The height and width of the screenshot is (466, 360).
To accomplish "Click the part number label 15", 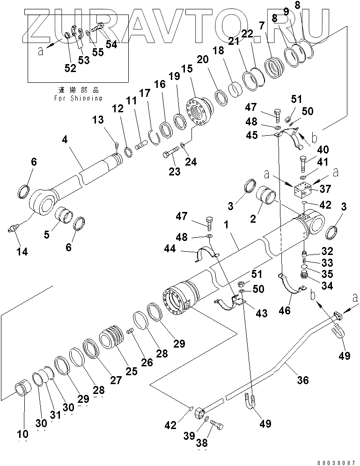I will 186,69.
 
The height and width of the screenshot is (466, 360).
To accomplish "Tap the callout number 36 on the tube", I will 303,380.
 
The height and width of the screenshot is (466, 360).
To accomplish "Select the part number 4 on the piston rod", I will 66,139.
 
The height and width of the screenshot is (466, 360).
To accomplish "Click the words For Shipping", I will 78,98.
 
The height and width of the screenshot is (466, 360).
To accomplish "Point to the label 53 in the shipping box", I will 83,60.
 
